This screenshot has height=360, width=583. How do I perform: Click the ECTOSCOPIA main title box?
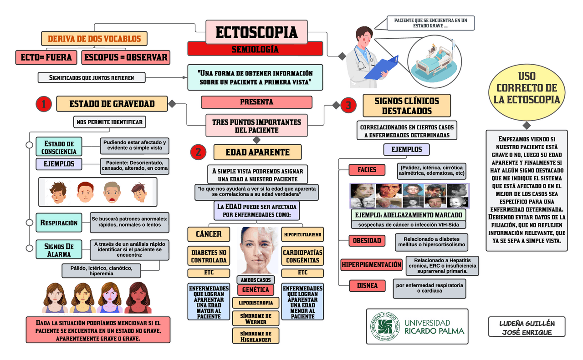click(x=256, y=32)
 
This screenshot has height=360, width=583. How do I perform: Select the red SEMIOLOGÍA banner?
click(x=255, y=49)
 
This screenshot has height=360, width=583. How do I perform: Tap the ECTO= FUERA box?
click(x=46, y=57)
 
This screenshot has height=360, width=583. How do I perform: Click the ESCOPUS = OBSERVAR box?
click(x=126, y=57)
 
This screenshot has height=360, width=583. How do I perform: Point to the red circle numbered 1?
click(x=43, y=105)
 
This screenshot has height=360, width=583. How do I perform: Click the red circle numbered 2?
click(x=198, y=152)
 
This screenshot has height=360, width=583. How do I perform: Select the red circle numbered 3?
click(x=348, y=106)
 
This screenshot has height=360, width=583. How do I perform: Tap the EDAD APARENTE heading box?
click(x=257, y=152)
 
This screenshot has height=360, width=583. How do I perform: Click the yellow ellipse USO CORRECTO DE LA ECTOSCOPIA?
click(x=527, y=88)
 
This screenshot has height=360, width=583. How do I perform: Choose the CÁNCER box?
click(x=209, y=234)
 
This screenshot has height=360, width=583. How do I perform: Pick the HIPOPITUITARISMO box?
click(x=303, y=235)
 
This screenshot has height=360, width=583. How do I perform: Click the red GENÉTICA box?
click(x=256, y=290)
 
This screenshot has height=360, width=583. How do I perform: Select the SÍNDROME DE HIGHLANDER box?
click(x=256, y=336)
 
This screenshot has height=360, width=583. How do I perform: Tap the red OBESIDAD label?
click(x=368, y=241)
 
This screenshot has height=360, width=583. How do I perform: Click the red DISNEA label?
click(x=368, y=286)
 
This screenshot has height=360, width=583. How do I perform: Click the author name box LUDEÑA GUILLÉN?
click(x=527, y=327)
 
